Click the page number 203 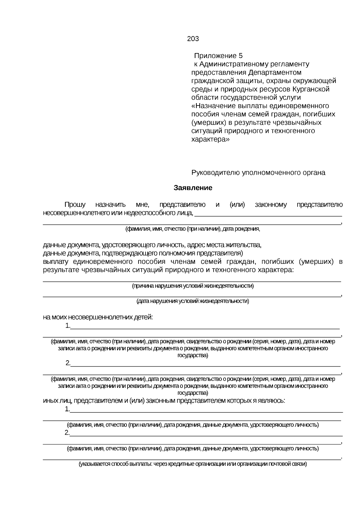(193, 39)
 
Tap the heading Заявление (193, 188)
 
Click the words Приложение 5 (218, 56)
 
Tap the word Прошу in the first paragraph (75, 205)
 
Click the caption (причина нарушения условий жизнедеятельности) (193, 286)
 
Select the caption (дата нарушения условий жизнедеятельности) (193, 301)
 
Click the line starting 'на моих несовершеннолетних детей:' (98, 317)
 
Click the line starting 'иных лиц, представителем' (164, 401)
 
